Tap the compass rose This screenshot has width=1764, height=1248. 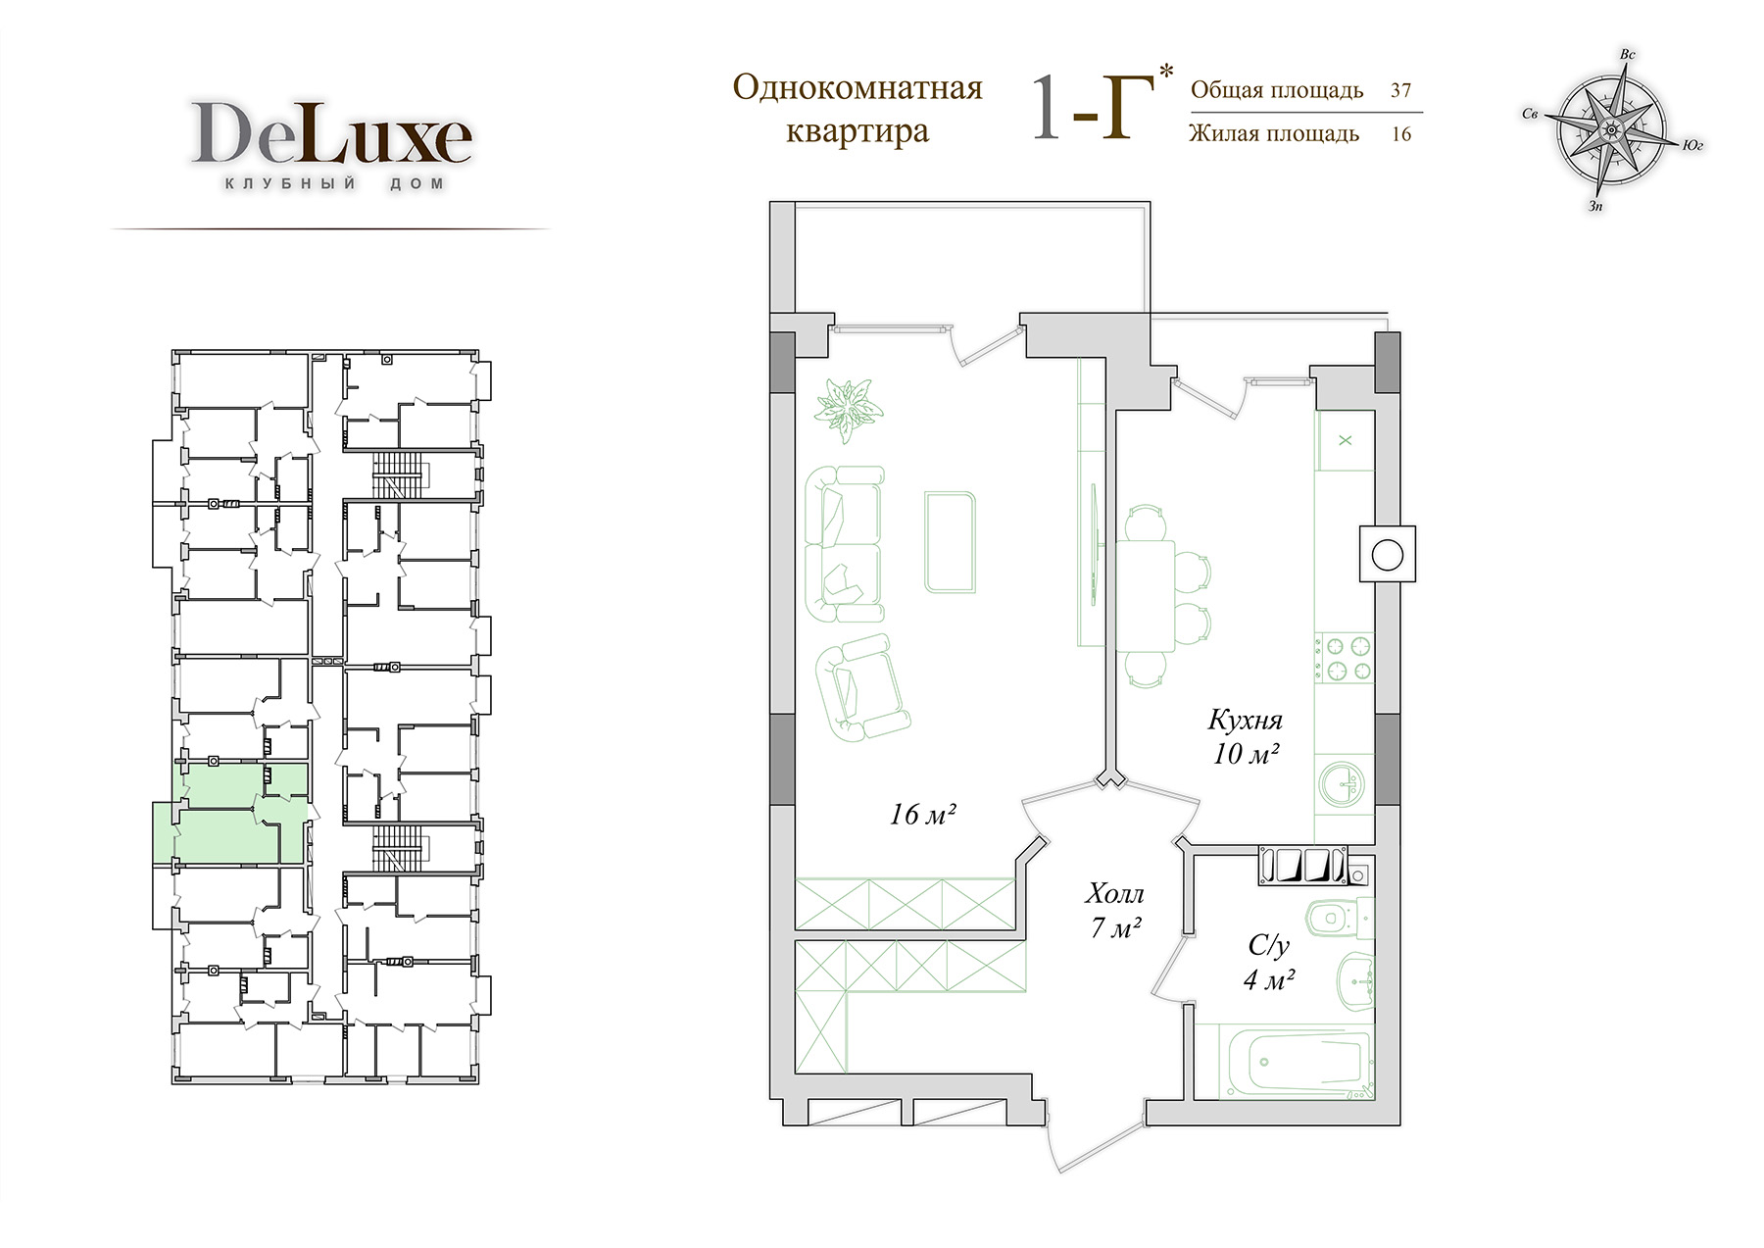click(x=1610, y=128)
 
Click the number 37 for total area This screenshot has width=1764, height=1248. click(x=1401, y=90)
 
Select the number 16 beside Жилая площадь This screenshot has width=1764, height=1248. click(x=1401, y=134)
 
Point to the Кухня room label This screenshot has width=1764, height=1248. click(x=1245, y=721)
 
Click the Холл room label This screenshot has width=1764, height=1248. click(x=1114, y=893)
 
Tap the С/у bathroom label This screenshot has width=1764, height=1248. click(x=1269, y=945)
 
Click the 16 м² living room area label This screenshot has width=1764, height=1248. click(x=922, y=814)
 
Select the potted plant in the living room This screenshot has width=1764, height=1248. click(x=847, y=405)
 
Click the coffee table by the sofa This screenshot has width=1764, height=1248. click(x=950, y=542)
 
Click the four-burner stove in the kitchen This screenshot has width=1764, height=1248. click(x=1344, y=659)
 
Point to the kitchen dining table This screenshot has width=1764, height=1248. click(x=1145, y=595)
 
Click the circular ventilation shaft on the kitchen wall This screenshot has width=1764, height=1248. click(x=1387, y=556)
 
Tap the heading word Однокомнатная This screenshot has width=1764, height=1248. click(x=857, y=88)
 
